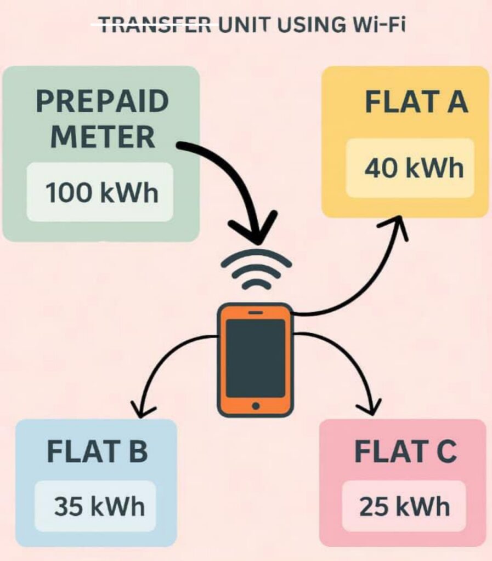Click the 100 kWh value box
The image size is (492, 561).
pyautogui.click(x=100, y=192)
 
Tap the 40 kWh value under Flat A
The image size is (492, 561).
pyautogui.click(x=410, y=168)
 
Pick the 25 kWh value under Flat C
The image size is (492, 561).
pyautogui.click(x=405, y=507)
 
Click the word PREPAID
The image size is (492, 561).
pyautogui.click(x=102, y=102)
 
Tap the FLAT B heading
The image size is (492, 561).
pyautogui.click(x=98, y=451)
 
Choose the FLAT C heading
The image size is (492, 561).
pyautogui.click(x=405, y=451)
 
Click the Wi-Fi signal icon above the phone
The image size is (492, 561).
pyautogui.click(x=256, y=271)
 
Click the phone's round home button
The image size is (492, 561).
pyautogui.click(x=256, y=406)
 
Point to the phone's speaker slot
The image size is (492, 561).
pyautogui.click(x=256, y=312)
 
